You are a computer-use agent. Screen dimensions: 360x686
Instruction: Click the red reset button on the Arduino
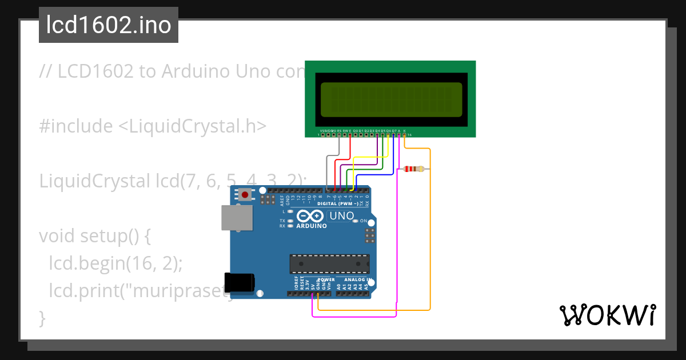point(245,195)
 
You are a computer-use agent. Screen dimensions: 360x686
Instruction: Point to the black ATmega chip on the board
point(329,263)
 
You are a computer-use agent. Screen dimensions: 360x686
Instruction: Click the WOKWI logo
point(607,315)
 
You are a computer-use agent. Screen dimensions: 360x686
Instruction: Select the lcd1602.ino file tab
point(109,25)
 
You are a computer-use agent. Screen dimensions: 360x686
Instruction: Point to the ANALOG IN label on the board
point(358,280)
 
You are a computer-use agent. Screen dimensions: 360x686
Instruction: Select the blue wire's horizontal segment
point(372,174)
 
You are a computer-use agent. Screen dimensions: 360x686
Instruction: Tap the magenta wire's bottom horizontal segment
point(354,316)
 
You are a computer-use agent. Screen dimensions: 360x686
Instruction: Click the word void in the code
point(57,235)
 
